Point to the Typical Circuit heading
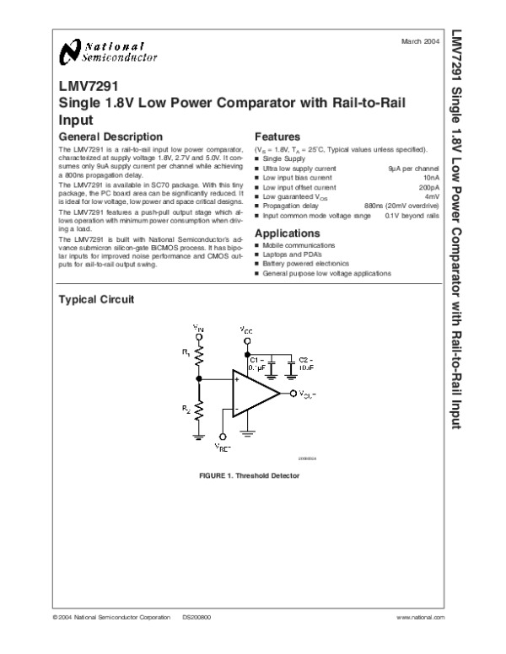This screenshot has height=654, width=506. tap(95, 300)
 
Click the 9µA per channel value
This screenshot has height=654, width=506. tap(413, 170)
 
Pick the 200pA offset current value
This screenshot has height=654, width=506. tap(428, 187)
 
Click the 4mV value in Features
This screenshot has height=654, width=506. tap(431, 196)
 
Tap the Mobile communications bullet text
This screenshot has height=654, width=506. tap(299, 245)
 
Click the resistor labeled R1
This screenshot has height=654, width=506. tap(199, 359)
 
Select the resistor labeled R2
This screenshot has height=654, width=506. tap(199, 413)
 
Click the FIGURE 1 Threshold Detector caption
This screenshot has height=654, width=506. tap(250, 475)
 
